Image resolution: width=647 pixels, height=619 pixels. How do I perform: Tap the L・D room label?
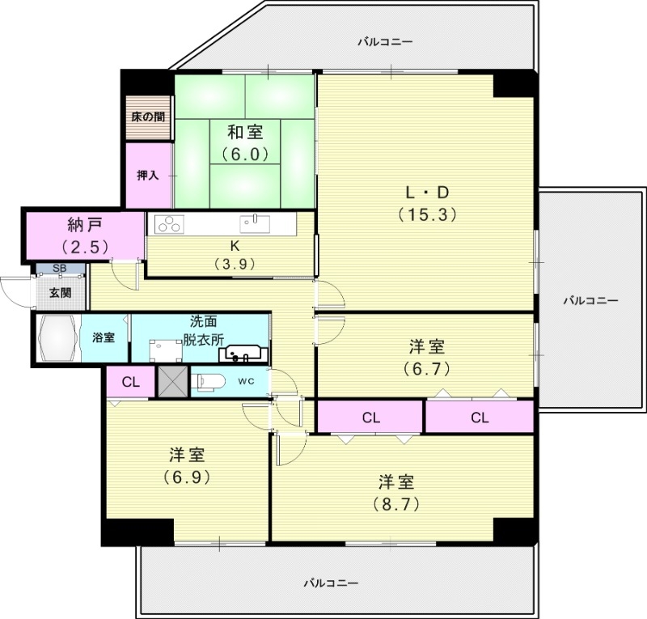(427, 193)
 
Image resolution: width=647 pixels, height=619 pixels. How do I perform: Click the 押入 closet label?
(148, 175)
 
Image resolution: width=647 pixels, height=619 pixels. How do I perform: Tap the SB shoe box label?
(60, 269)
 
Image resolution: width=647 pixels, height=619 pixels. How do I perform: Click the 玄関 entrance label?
(60, 292)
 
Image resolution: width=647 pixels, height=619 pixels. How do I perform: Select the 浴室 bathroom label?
(104, 336)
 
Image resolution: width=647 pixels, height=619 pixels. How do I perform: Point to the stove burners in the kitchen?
(168, 224)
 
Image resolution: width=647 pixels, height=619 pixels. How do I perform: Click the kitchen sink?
(255, 223)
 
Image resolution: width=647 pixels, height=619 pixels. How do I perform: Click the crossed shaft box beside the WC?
(172, 381)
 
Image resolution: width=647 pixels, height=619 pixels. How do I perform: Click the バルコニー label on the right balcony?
(590, 300)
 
